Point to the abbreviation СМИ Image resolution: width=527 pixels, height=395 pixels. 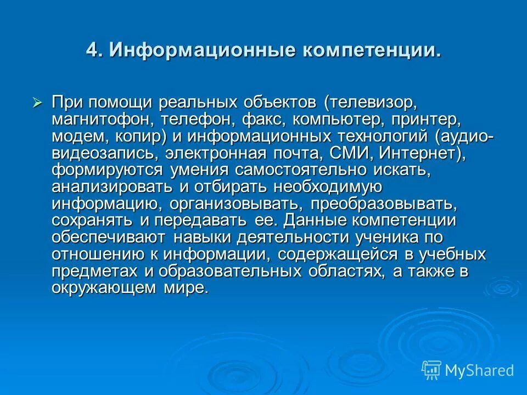[x=335, y=153]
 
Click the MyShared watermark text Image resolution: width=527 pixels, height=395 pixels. [x=479, y=370]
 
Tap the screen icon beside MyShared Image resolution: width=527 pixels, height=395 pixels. [x=431, y=370]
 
